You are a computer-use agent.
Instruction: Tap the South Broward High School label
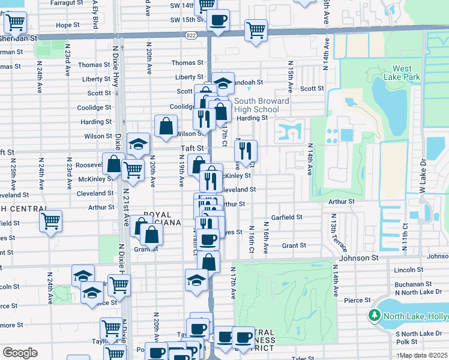click(x=261, y=105)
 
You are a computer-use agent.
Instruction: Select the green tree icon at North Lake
click(x=375, y=315)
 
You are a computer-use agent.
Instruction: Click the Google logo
click(x=20, y=353)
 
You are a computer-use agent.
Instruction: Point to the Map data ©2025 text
click(x=423, y=355)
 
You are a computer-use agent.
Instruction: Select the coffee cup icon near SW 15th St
click(x=217, y=19)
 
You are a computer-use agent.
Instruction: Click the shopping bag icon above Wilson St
click(x=166, y=127)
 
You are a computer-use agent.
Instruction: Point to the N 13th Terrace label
click(x=333, y=235)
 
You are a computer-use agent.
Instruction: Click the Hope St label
click(x=67, y=25)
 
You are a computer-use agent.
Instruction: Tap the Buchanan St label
click(x=414, y=284)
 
